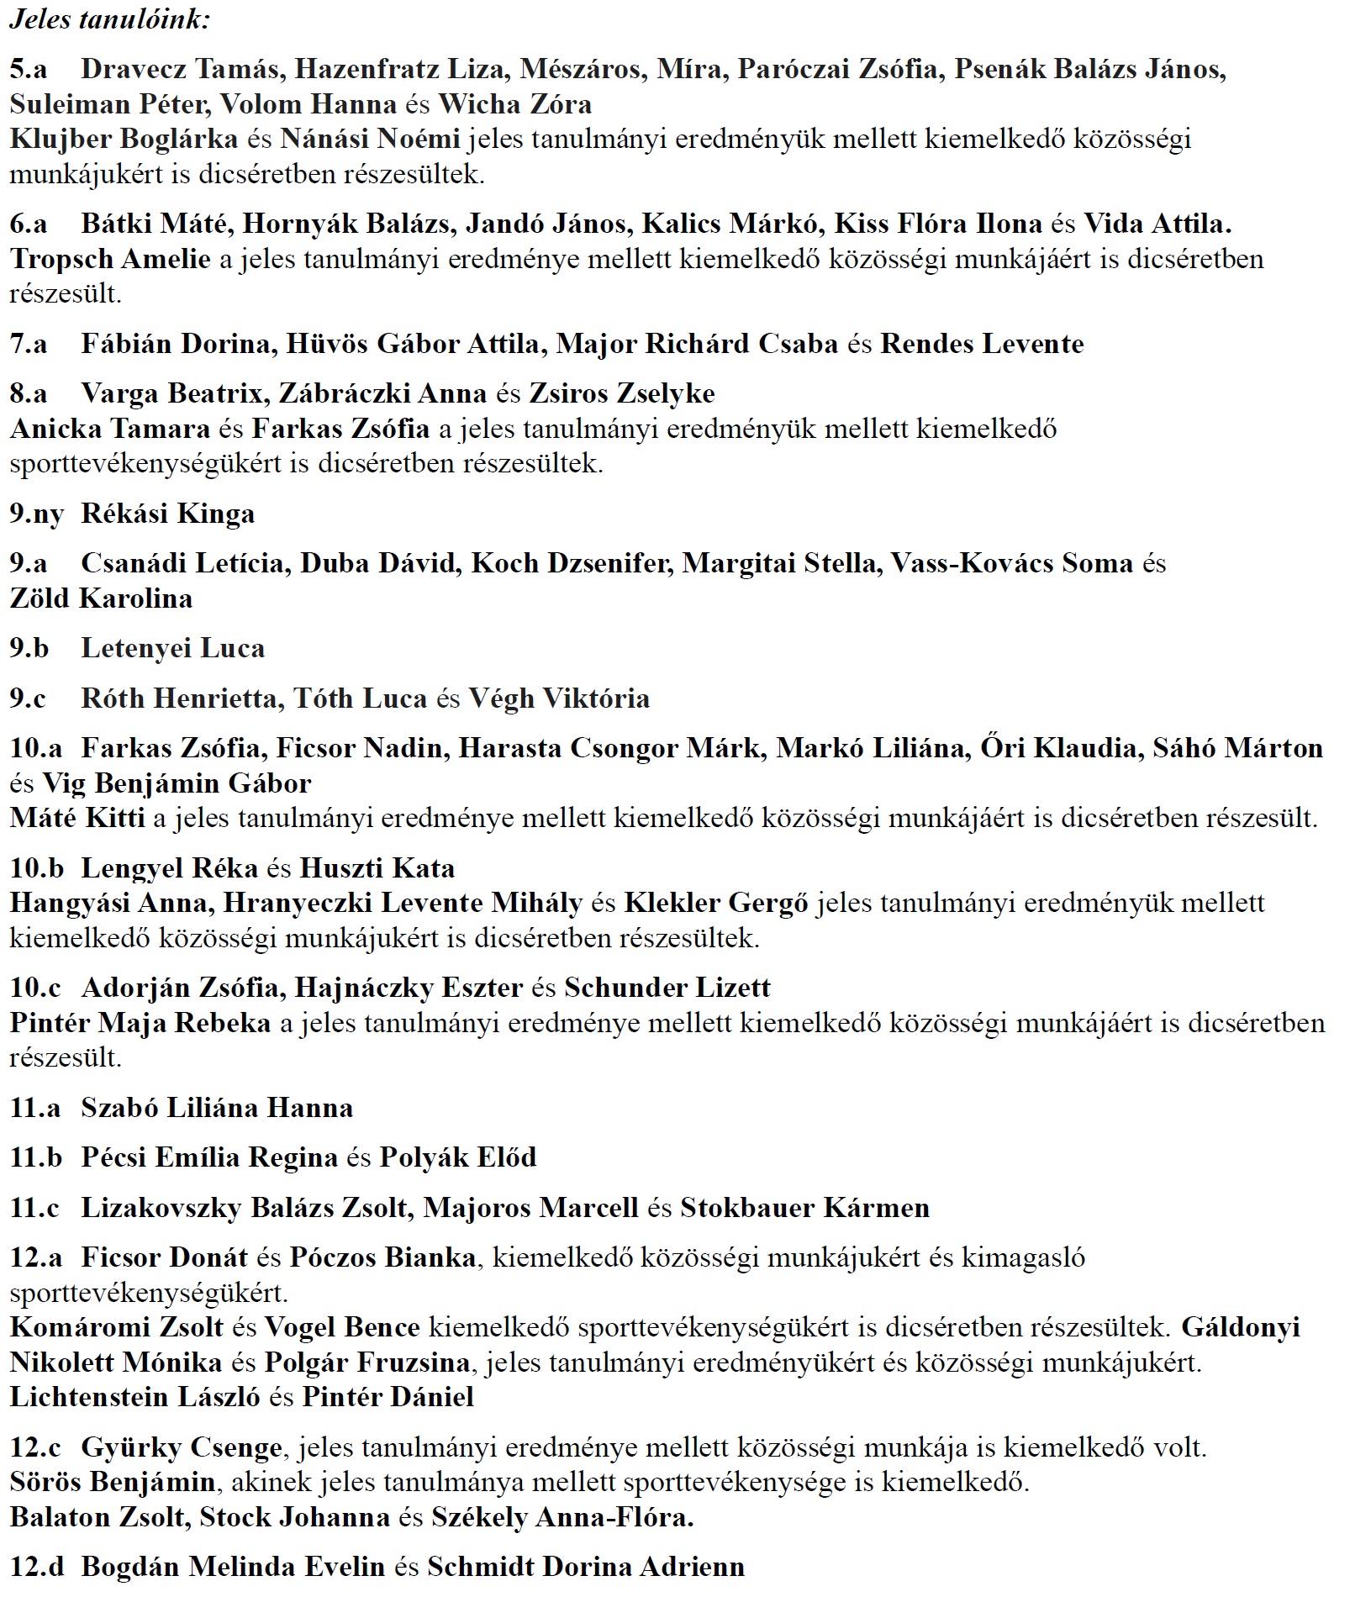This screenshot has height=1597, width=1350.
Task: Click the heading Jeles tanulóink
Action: click(109, 19)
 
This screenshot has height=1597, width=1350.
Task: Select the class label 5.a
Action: click(29, 69)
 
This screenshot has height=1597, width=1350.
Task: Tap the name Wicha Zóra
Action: click(514, 104)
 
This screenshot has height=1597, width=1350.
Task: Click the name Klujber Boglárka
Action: click(124, 139)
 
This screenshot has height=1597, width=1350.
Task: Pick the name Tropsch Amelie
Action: click(110, 259)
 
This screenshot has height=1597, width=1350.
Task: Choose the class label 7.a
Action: click(29, 344)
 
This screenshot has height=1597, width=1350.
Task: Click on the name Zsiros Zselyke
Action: click(621, 393)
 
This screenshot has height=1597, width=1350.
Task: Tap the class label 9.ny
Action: click(36, 514)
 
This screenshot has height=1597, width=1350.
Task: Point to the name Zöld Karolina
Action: click(101, 598)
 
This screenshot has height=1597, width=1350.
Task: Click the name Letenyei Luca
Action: click(172, 648)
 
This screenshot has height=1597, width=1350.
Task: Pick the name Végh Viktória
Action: click(558, 698)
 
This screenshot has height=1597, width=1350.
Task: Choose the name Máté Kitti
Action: click(77, 818)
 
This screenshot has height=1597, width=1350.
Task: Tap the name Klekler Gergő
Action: click(715, 904)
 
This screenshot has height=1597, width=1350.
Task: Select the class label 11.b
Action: click(35, 1157)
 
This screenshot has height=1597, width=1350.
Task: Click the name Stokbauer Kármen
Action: click(804, 1208)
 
